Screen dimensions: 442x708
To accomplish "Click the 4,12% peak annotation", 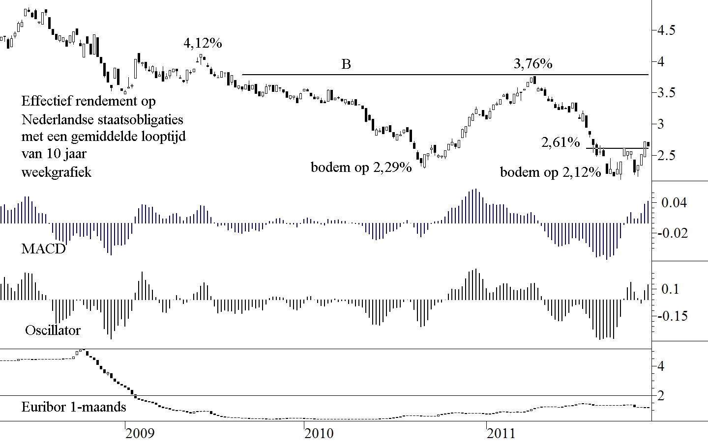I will coord(203,43).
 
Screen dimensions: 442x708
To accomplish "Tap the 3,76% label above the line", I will coord(533,64).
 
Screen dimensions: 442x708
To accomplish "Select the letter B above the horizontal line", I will coord(346,64).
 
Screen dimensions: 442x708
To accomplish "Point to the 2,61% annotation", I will coord(560,142).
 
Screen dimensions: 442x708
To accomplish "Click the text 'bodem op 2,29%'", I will coord(361,167).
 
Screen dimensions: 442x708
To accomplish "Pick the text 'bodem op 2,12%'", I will coord(550,172).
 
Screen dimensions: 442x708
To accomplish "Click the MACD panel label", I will coord(43,249).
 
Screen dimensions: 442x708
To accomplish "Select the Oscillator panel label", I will coord(53,331).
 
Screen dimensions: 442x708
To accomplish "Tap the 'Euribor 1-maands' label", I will coord(74,407).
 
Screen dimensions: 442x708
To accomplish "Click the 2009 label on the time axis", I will coord(140,433).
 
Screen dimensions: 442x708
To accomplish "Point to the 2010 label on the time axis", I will coord(319,433).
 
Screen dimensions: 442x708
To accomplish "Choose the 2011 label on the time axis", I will coord(501,433).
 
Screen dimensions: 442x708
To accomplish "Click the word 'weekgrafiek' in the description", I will coord(57,172).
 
